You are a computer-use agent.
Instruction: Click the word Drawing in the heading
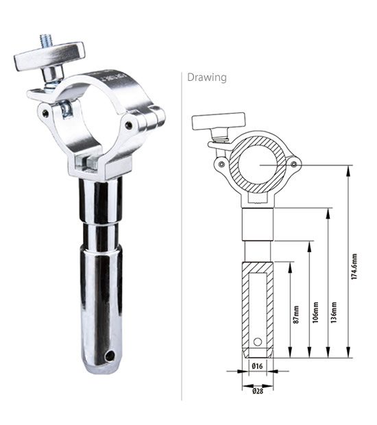(x=207, y=77)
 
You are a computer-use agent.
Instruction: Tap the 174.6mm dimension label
(x=354, y=267)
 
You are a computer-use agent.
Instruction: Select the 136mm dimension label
(x=334, y=313)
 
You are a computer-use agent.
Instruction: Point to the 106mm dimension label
(x=315, y=313)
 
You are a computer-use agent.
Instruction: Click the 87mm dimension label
(x=296, y=315)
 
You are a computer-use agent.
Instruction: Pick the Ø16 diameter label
(x=257, y=366)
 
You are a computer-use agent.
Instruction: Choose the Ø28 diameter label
(x=258, y=391)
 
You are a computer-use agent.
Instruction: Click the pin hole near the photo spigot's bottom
(x=110, y=356)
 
